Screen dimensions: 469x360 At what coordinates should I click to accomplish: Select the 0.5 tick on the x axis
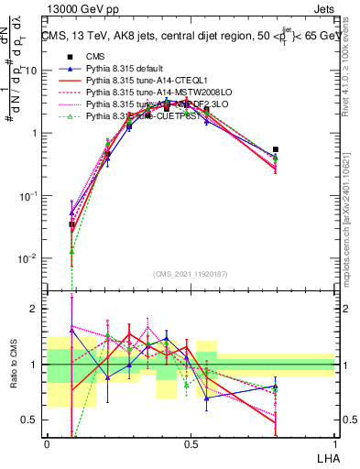[x=191, y=443]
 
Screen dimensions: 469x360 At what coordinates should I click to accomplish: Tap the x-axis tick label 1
[x=334, y=443]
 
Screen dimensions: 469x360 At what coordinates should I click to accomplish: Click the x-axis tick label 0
[x=47, y=443]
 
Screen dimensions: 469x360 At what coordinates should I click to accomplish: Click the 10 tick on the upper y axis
[x=32, y=71]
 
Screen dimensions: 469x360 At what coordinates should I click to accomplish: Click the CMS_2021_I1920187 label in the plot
[x=190, y=272]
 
